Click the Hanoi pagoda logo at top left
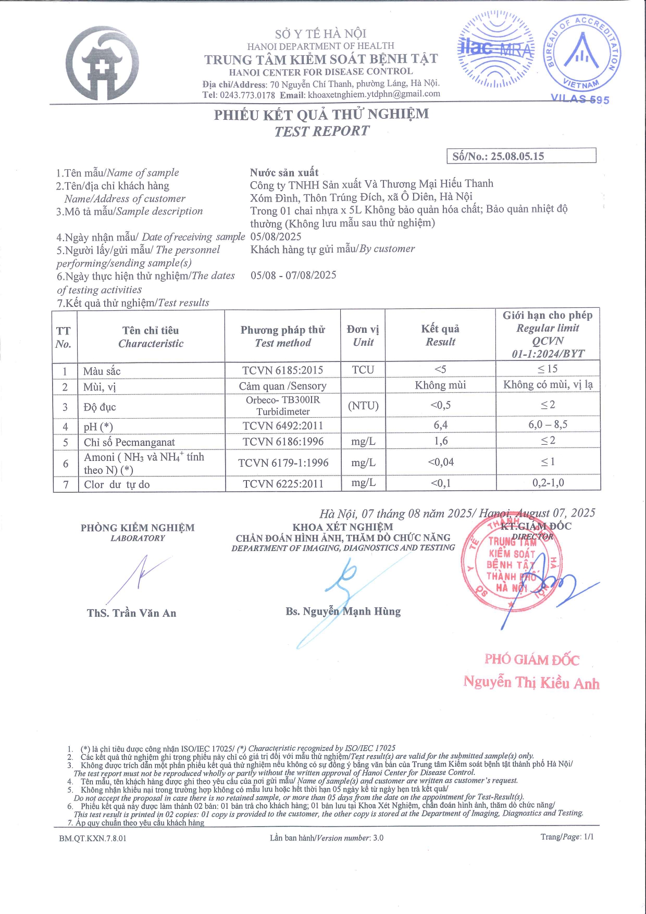[103, 64]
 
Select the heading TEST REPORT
[322, 131]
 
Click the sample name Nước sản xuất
[284, 172]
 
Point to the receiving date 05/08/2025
[276, 236]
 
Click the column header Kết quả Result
[440, 335]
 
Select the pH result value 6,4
[440, 425]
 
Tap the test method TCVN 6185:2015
[282, 370]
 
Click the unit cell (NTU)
[363, 406]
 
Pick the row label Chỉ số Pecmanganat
[129, 442]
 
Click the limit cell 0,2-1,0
[548, 483]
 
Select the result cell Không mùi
[440, 385]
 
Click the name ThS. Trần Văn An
[131, 613]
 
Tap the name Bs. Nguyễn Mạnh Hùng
[343, 611]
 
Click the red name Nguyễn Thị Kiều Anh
[531, 682]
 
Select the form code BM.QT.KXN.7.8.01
[92, 838]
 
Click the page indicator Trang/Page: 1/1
[567, 837]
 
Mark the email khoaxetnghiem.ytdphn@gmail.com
[374, 94]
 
